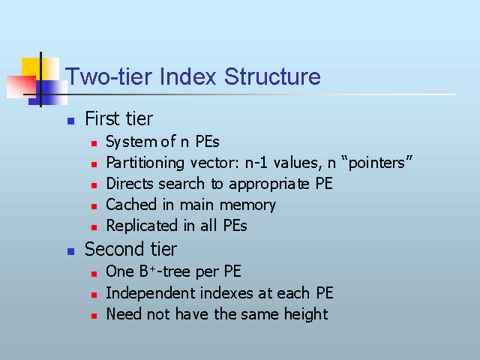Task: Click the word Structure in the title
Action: (272, 76)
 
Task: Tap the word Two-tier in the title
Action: (109, 76)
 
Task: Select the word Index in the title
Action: (188, 76)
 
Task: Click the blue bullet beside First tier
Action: (70, 121)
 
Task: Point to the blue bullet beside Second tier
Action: (70, 252)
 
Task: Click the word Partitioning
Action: (145, 163)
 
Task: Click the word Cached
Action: (131, 205)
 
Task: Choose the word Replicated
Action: (142, 226)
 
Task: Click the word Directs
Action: (130, 184)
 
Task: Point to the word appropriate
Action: (269, 184)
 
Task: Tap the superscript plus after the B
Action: (152, 268)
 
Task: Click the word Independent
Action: (149, 293)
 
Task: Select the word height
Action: (306, 314)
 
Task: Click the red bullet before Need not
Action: (94, 316)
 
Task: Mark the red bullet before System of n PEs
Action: (94, 143)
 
